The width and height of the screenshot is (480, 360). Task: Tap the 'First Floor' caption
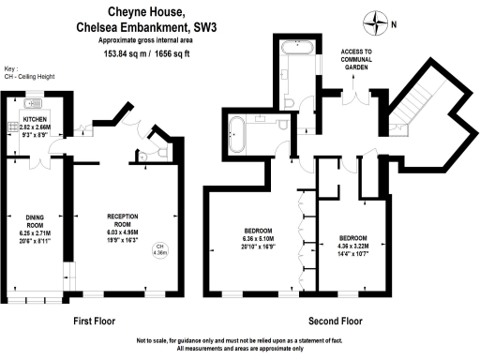(x=94, y=321)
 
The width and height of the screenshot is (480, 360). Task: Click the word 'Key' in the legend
(x=10, y=69)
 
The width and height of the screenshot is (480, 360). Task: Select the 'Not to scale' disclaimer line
(x=240, y=340)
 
